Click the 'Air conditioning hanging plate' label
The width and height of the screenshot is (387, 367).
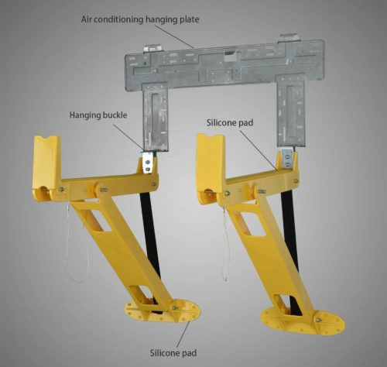click(x=140, y=19)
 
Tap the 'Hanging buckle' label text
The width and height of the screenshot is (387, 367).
click(x=98, y=115)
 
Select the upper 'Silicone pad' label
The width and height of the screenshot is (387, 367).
click(x=230, y=122)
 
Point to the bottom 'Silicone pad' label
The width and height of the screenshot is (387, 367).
click(x=173, y=353)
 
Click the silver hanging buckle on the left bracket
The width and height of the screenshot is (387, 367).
click(x=148, y=163)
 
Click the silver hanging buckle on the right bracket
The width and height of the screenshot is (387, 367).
click(x=287, y=159)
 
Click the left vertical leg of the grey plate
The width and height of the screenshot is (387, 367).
click(x=156, y=117)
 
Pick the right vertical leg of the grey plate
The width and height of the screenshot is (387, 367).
click(x=291, y=111)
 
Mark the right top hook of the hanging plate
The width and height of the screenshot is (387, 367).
click(x=289, y=37)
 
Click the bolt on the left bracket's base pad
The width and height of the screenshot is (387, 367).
click(x=175, y=307)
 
